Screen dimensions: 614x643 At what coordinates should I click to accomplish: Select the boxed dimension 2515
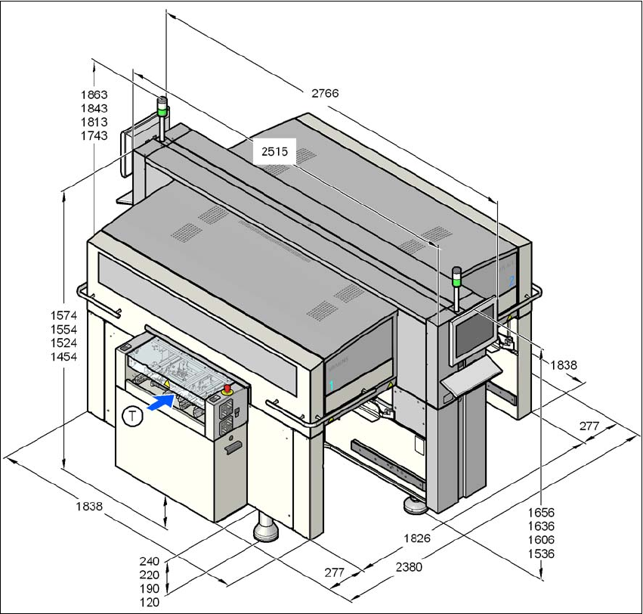pos(274,151)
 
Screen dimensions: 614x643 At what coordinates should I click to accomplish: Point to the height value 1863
pos(94,95)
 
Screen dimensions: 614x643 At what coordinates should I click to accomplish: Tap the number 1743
pos(94,135)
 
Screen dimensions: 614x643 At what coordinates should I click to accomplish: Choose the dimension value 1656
pos(541,513)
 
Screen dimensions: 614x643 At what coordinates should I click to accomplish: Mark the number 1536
pos(541,554)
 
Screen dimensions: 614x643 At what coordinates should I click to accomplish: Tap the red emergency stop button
pos(227,389)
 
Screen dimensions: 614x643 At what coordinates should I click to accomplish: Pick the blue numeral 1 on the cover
pos(330,385)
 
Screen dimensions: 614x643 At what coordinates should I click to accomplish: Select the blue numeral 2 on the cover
pos(512,280)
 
